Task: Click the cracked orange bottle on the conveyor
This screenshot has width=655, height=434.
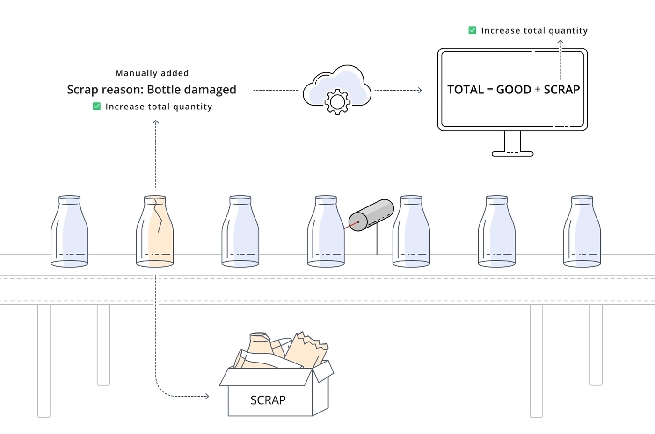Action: pos(155,231)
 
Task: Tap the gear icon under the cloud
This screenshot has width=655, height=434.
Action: pos(337,102)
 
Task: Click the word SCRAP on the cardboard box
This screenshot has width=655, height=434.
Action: pos(268,400)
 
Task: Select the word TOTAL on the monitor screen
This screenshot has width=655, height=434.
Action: pos(466,90)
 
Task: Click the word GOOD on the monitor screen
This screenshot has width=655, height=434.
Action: pos(514,90)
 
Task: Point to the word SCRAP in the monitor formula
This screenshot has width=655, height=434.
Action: pos(562,90)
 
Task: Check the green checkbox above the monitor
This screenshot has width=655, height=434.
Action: pos(472,30)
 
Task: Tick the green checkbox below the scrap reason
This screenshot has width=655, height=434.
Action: pos(97,107)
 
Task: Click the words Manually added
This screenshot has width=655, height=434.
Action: pos(152,73)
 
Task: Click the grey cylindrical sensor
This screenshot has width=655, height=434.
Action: pos(371,215)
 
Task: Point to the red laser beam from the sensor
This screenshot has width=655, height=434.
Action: pos(351,225)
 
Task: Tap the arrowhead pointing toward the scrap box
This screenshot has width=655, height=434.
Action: pos(207,396)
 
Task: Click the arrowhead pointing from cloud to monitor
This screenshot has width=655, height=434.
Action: pos(420,90)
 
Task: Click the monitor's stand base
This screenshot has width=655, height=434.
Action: pos(512,154)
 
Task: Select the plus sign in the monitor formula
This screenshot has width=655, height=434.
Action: pos(538,89)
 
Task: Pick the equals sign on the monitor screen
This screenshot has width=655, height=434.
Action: pos(490,89)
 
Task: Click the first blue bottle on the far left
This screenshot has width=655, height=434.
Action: pos(70,231)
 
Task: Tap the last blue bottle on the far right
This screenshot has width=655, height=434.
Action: pos(582,231)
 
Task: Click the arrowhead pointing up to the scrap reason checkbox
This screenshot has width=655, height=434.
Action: pos(156,122)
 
